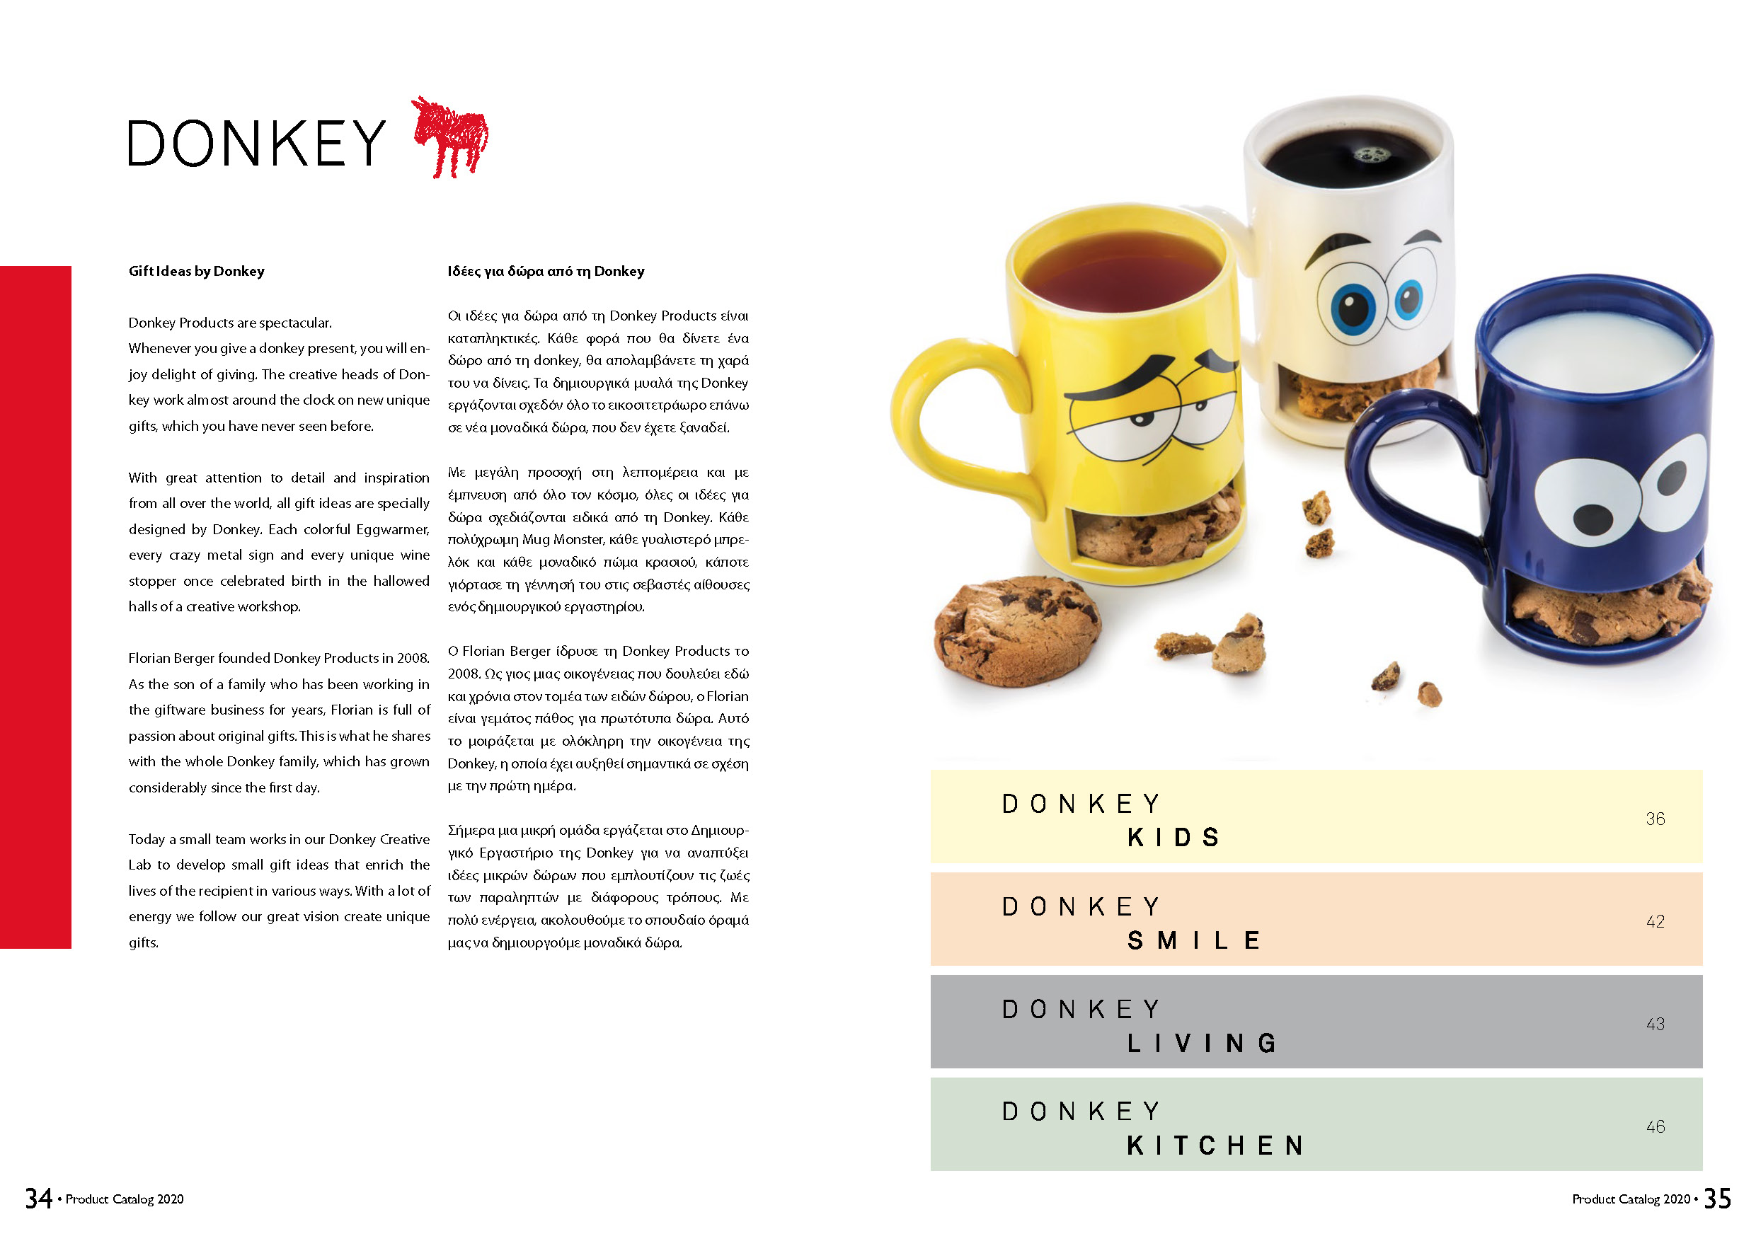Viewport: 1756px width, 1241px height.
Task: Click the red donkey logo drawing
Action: [452, 138]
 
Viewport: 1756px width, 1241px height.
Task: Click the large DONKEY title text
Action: [257, 144]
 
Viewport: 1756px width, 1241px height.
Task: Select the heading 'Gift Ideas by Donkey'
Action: [197, 272]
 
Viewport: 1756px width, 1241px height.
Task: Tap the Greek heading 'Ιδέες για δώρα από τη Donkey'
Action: [545, 272]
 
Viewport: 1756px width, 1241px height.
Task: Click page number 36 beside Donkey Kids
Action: [1655, 819]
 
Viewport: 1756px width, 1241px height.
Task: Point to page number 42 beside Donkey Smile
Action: [1655, 921]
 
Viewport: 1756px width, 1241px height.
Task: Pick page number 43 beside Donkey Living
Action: [1655, 1024]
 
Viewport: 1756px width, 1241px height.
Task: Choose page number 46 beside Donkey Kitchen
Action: [1655, 1126]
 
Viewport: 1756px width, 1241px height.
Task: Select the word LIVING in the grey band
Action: [1201, 1043]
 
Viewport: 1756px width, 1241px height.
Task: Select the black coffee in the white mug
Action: [1350, 157]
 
